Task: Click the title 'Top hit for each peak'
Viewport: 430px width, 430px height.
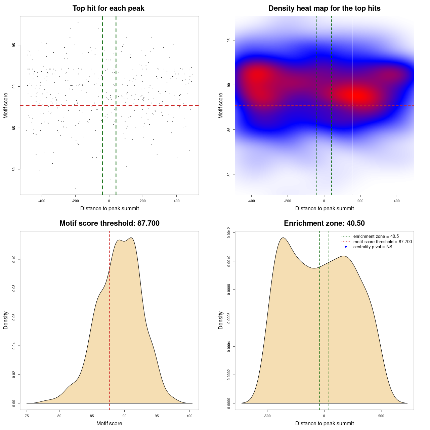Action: tap(109, 8)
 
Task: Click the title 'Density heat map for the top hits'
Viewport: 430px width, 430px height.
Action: tap(325, 8)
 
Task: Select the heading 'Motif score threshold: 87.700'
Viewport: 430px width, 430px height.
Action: tap(110, 223)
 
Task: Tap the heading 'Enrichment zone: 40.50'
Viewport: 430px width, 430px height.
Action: tap(325, 223)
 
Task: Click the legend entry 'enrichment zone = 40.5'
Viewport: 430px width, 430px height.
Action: tap(376, 236)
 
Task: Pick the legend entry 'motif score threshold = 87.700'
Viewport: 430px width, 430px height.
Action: tap(382, 242)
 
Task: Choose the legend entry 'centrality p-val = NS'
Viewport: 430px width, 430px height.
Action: tap(373, 247)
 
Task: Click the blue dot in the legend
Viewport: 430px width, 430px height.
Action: tap(346, 247)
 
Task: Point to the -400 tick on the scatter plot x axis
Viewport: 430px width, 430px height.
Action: tap(42, 201)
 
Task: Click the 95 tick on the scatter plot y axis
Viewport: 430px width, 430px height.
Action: tap(14, 45)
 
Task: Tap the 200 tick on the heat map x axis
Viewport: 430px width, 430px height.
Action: tap(360, 201)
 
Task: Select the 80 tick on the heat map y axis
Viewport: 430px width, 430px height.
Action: tap(229, 174)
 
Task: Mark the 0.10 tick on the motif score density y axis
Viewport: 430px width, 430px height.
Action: tap(14, 259)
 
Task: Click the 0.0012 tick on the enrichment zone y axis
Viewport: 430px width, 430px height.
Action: tap(229, 232)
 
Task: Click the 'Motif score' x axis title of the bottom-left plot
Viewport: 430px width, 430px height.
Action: tap(109, 424)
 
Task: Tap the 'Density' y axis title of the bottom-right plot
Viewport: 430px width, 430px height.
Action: tap(221, 320)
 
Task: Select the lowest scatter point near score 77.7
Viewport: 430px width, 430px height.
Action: tap(75, 188)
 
